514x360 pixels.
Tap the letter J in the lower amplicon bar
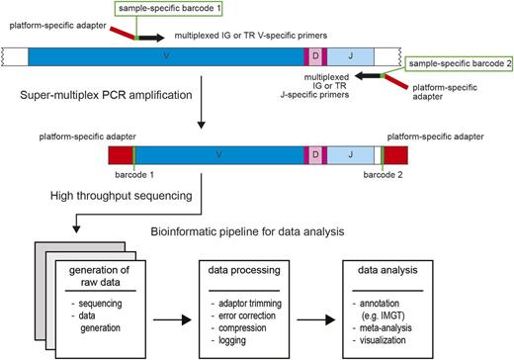coord(351,154)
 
